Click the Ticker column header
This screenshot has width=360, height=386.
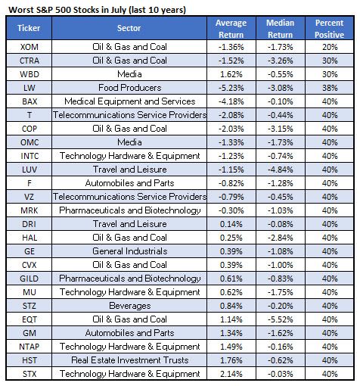tap(29, 28)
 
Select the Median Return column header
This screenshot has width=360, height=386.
tap(281, 29)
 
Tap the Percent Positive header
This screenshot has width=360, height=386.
tap(329, 29)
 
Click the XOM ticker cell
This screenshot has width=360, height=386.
tap(29, 47)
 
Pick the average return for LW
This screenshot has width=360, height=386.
tap(231, 88)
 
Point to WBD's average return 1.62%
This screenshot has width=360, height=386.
tap(231, 74)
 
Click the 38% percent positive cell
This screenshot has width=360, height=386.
tap(330, 88)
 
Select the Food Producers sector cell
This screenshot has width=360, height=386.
tap(129, 88)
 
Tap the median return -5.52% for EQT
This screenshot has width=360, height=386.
tap(281, 319)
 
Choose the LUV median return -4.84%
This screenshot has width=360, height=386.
tap(281, 170)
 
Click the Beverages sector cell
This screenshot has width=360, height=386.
tap(130, 306)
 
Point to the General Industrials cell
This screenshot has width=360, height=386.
tap(130, 251)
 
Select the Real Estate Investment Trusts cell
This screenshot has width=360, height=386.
tap(130, 360)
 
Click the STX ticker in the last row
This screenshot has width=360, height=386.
tap(29, 374)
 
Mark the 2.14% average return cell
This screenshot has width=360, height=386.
tap(231, 374)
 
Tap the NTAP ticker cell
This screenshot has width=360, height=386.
tap(29, 347)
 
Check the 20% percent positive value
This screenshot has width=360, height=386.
tap(330, 47)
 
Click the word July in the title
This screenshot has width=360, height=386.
tap(118, 10)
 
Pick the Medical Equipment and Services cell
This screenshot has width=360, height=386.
tap(130, 101)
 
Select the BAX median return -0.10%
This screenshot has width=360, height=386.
tap(281, 101)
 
